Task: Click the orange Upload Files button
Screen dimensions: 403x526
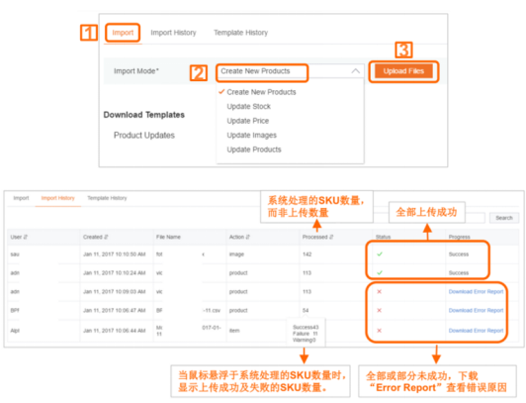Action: coord(402,71)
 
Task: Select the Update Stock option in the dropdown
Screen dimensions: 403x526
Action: coord(249,106)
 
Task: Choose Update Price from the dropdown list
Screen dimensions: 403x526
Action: coord(247,121)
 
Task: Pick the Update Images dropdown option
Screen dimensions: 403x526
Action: coord(250,135)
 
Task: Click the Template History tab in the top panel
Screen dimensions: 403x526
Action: coord(240,33)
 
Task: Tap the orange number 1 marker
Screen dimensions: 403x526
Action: coord(89,32)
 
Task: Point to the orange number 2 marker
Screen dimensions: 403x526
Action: coord(199,72)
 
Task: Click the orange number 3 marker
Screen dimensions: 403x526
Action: coord(402,49)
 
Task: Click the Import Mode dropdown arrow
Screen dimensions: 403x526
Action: coord(355,71)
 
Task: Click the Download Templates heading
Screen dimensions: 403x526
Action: coord(143,114)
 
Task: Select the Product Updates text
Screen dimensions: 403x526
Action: coord(144,135)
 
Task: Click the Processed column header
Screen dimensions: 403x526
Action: coord(317,237)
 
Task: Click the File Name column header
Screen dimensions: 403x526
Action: coord(169,237)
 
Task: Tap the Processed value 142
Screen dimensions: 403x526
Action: coord(307,254)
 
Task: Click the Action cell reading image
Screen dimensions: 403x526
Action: coord(238,254)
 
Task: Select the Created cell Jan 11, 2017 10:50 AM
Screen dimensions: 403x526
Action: coord(114,254)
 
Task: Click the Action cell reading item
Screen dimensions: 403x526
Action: coord(235,328)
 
